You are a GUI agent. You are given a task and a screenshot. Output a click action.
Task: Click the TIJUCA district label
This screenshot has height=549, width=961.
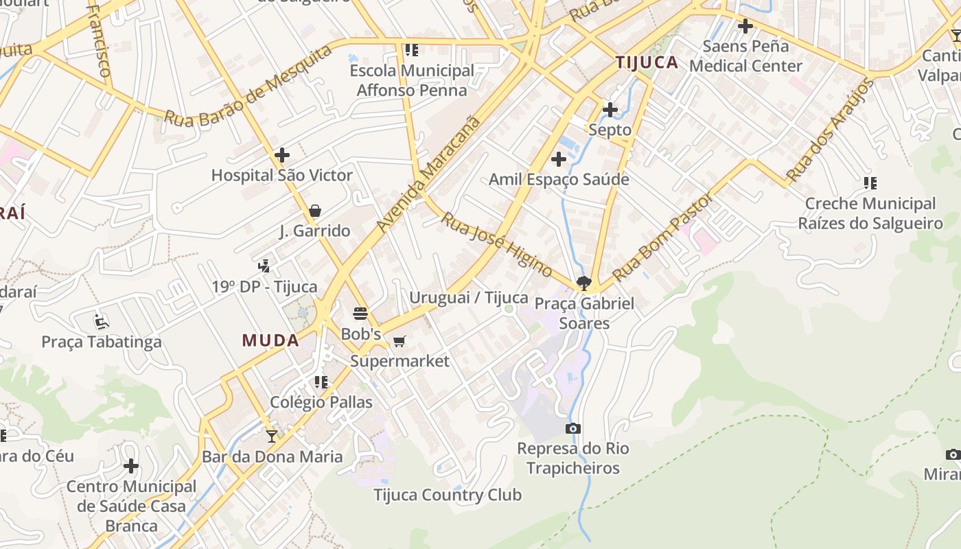[x=647, y=62]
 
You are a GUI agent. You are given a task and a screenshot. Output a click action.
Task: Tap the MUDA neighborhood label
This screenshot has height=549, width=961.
[x=270, y=340]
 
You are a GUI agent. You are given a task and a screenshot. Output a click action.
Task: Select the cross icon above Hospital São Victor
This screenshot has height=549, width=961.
[x=281, y=155]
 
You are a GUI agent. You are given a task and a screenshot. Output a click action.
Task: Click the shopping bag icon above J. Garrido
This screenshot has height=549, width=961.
[x=315, y=211]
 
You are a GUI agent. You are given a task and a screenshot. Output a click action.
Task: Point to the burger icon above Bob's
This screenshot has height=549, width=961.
[x=361, y=314]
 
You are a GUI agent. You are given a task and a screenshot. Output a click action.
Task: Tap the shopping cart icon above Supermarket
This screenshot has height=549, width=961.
[x=399, y=341]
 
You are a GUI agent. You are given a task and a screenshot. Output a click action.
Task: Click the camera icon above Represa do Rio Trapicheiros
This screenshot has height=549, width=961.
[x=573, y=429]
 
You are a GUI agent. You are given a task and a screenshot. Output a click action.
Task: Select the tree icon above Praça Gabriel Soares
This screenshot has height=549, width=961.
[x=584, y=283]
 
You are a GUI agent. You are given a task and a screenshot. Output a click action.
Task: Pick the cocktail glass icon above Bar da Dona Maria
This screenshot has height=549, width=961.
[x=272, y=436]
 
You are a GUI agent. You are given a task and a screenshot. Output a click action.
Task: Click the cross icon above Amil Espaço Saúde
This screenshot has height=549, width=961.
[x=559, y=160]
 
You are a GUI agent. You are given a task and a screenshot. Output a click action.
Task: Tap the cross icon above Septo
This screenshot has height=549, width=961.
[x=610, y=109]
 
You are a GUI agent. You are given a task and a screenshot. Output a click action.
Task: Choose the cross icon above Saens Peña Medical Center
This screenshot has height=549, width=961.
[x=745, y=27]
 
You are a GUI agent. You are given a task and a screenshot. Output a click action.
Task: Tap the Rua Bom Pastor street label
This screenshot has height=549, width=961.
[x=662, y=237]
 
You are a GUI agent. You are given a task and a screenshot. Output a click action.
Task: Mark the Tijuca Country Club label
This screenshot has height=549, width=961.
[x=447, y=495]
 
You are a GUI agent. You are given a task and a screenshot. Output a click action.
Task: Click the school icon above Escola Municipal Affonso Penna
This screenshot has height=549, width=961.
[x=412, y=50]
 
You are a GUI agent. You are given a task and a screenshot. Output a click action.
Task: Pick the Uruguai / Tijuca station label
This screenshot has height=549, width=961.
[x=468, y=298]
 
